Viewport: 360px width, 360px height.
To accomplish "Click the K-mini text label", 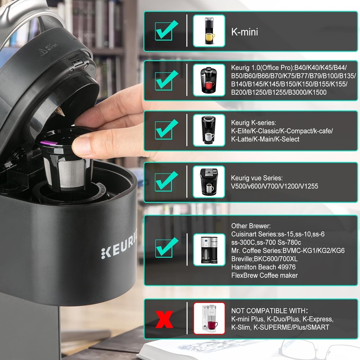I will coord(244,32).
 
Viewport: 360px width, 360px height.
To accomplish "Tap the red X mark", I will coord(164,319).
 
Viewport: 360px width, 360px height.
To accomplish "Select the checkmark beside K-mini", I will coord(165,31).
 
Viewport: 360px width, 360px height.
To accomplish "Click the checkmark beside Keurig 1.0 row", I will coord(165,80).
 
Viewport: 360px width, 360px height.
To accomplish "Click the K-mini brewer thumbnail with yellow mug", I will coord(209,31).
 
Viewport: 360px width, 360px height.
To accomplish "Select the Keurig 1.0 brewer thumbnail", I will coord(209,80).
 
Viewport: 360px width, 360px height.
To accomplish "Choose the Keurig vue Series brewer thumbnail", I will coord(209,182).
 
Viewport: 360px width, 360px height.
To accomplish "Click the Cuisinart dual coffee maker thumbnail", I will coord(209,249).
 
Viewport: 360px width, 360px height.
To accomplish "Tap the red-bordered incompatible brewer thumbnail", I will coord(209,318).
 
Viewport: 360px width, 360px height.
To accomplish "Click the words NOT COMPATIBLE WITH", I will coord(269,311).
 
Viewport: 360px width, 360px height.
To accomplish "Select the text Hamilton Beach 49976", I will coord(263,267).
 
